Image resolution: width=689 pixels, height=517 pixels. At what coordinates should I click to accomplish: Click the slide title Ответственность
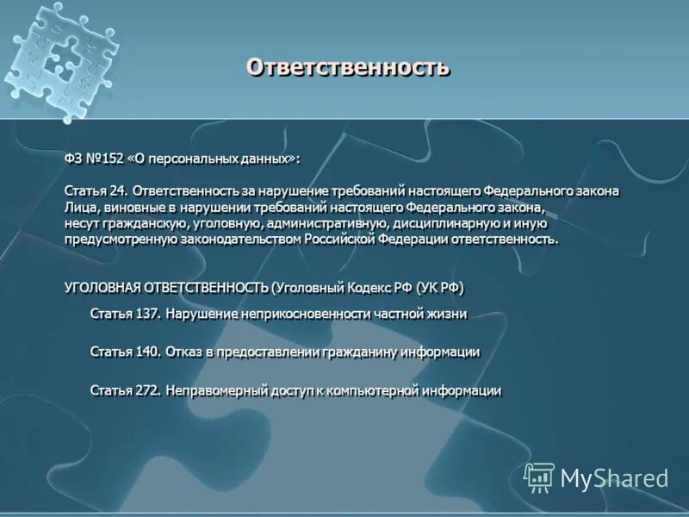(x=348, y=67)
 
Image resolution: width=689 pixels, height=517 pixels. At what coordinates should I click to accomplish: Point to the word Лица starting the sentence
(x=79, y=207)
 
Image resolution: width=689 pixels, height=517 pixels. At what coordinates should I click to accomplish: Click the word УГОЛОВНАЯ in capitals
(x=102, y=287)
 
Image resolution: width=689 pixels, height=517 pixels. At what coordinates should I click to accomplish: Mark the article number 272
(x=146, y=391)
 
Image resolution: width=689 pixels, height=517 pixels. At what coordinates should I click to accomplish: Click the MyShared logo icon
(x=539, y=477)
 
